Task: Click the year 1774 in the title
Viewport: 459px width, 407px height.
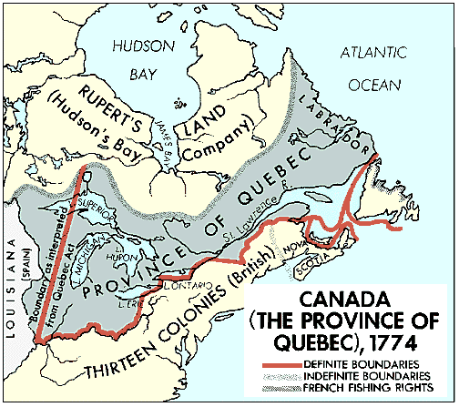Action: click(413, 345)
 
